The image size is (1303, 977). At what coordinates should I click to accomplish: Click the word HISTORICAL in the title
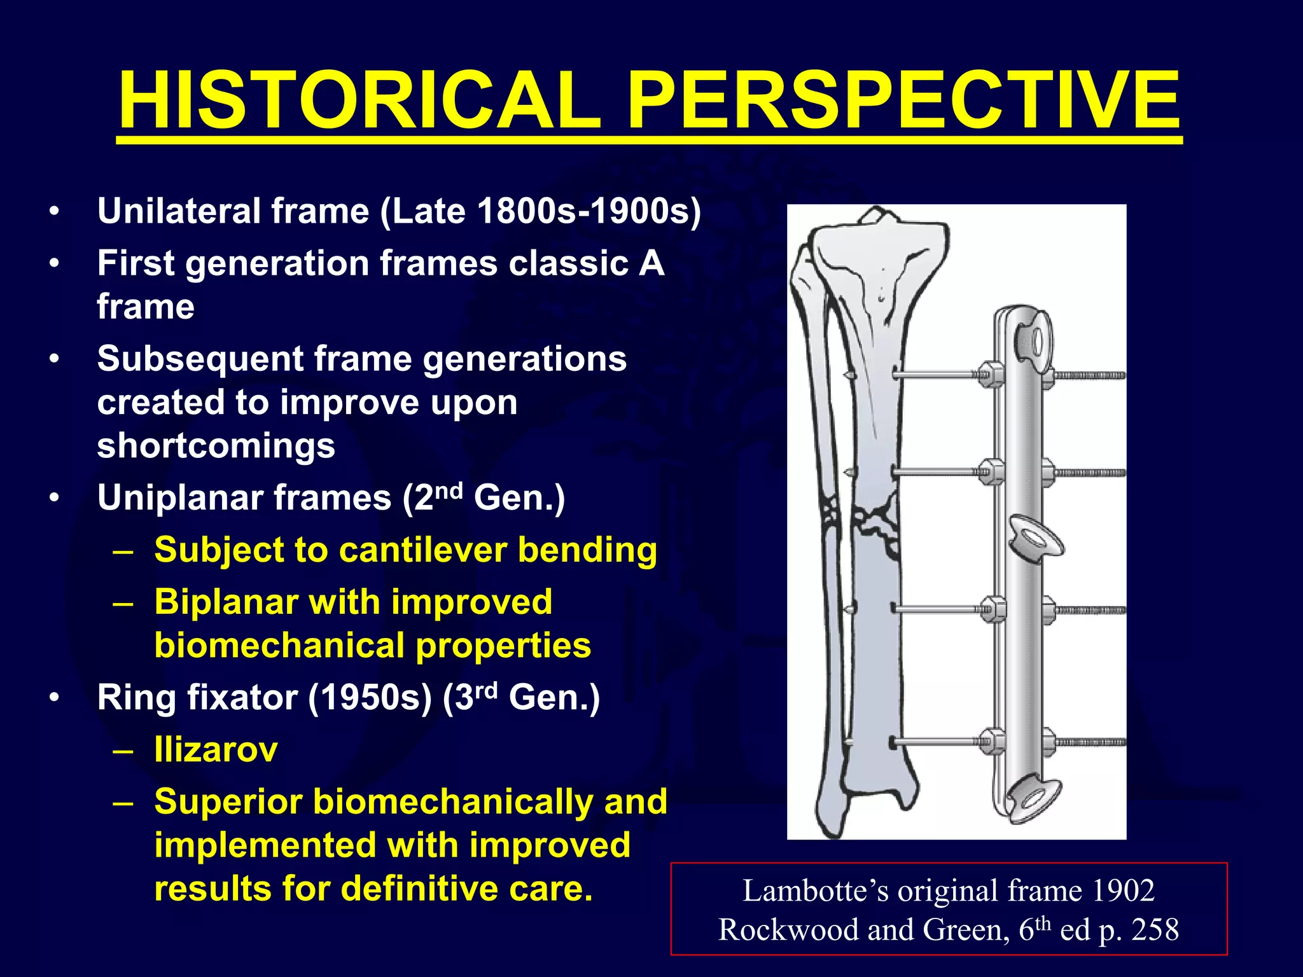point(359,102)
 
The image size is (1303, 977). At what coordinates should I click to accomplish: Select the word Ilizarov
point(216,750)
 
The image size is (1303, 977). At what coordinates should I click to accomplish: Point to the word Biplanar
point(226,602)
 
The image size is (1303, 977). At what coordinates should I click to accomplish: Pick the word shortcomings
point(216,445)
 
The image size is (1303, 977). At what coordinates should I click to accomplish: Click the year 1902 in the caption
point(1122,890)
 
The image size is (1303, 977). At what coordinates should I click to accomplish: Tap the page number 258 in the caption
point(1155,930)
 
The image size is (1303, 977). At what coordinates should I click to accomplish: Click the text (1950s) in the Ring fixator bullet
point(370,698)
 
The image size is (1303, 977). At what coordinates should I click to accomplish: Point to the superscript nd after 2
point(449,490)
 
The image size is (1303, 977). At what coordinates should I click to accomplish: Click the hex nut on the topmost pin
point(988,375)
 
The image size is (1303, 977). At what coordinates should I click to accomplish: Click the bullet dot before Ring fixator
point(55,698)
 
